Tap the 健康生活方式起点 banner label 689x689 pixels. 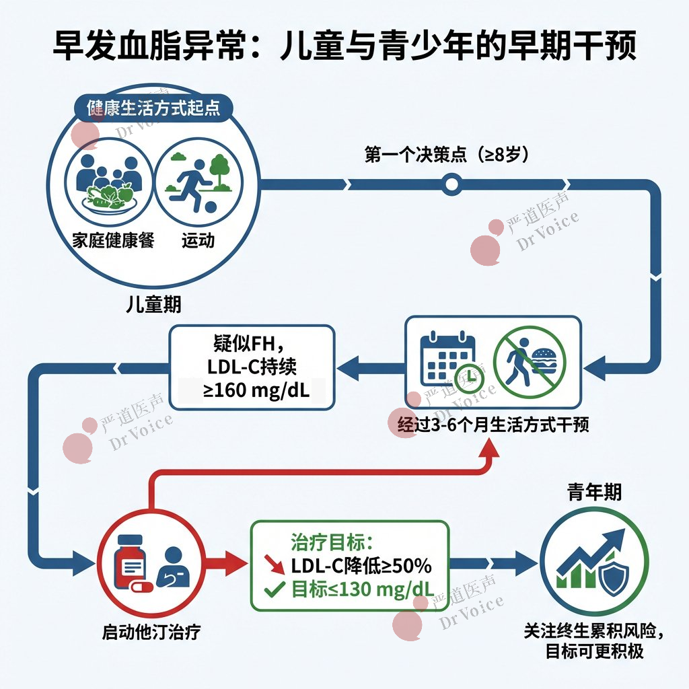click(153, 108)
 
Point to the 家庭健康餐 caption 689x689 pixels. click(113, 240)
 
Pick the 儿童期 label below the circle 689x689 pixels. click(154, 304)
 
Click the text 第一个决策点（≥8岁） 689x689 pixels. click(447, 155)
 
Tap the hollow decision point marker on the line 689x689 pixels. click(451, 182)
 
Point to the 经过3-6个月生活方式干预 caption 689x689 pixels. click(493, 425)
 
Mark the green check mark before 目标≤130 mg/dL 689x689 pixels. click(273, 590)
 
